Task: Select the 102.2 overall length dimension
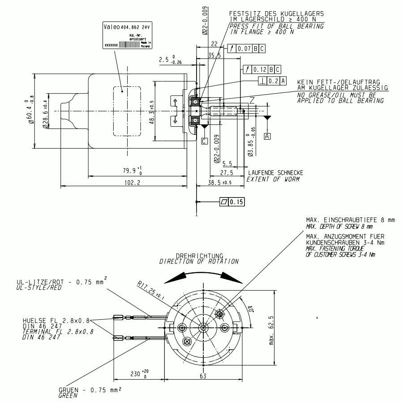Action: (x=131, y=182)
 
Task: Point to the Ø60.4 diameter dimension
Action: (x=30, y=111)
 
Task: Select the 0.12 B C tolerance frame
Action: (x=262, y=69)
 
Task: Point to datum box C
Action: (x=204, y=141)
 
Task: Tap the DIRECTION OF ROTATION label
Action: (x=196, y=261)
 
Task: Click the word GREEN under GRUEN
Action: (x=67, y=395)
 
